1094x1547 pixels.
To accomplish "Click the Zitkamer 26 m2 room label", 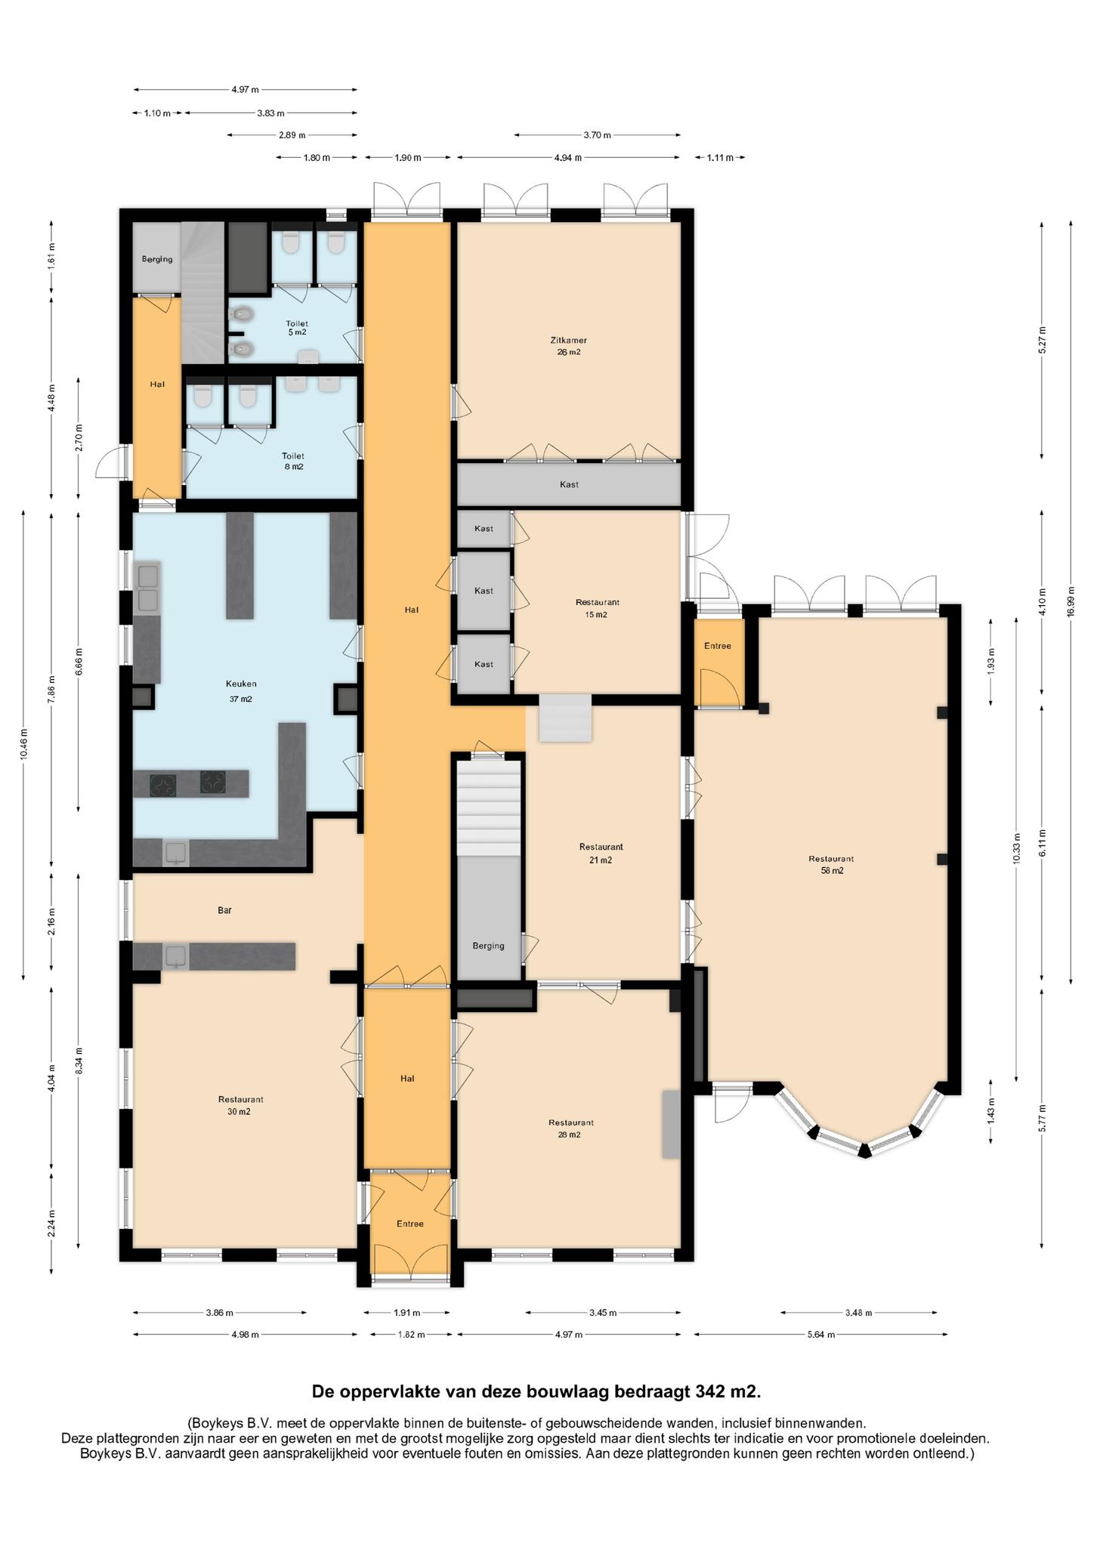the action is pyautogui.click(x=569, y=346).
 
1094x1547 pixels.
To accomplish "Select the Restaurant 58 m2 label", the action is pyautogui.click(x=831, y=864).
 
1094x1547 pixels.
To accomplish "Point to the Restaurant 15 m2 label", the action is pyautogui.click(x=597, y=608).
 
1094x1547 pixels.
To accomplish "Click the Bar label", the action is pyautogui.click(x=224, y=910).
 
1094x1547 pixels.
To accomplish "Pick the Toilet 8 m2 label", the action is pyautogui.click(x=293, y=461).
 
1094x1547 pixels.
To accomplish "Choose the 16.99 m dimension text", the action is pyautogui.click(x=1071, y=602).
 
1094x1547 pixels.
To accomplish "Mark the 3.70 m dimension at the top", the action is pyautogui.click(x=597, y=135).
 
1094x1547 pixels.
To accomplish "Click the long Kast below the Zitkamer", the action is pyautogui.click(x=569, y=484).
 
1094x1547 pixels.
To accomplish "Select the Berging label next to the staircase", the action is pyautogui.click(x=488, y=945).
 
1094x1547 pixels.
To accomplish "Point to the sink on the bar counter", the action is pyautogui.click(x=177, y=956).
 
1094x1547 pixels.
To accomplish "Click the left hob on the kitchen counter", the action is pyautogui.click(x=163, y=786).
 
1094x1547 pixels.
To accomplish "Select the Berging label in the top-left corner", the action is pyautogui.click(x=157, y=259).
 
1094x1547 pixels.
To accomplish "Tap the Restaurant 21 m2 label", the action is pyautogui.click(x=601, y=853).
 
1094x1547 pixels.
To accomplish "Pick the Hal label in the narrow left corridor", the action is pyautogui.click(x=157, y=384).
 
